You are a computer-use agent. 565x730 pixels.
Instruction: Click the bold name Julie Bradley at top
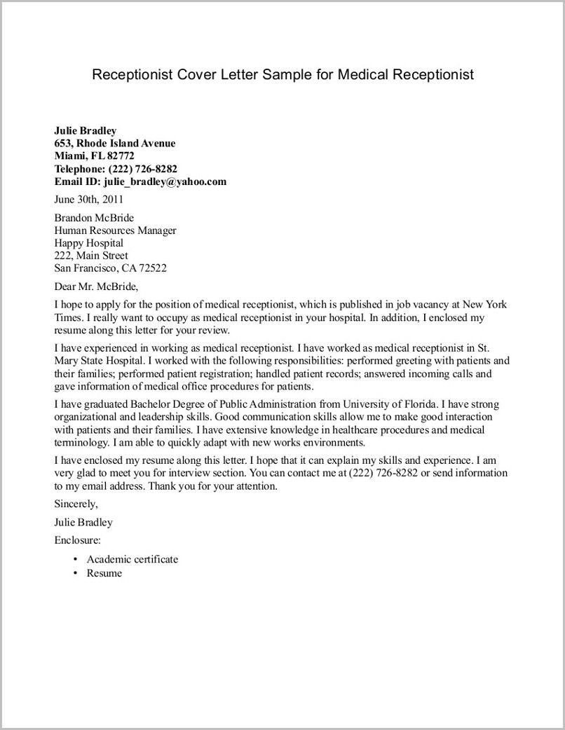pyautogui.click(x=86, y=130)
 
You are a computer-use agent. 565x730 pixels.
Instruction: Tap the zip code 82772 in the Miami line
pyautogui.click(x=120, y=156)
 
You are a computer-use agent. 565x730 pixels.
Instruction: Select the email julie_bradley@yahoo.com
pyautogui.click(x=165, y=181)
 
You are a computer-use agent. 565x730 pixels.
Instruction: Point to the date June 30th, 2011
pyautogui.click(x=89, y=199)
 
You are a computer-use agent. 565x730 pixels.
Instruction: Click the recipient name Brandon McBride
pyautogui.click(x=94, y=218)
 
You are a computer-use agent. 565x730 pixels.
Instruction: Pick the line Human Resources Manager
pyautogui.click(x=115, y=230)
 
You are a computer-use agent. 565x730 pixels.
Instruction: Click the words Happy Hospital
pyautogui.click(x=88, y=243)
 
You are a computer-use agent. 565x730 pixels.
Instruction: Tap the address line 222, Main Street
pyautogui.click(x=91, y=256)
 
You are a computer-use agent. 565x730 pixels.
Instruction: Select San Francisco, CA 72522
pyautogui.click(x=110, y=268)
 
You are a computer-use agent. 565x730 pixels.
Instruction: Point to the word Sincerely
pyautogui.click(x=76, y=504)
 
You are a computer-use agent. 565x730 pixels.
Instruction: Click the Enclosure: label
pyautogui.click(x=77, y=540)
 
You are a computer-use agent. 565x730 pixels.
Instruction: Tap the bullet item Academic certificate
pyautogui.click(x=132, y=559)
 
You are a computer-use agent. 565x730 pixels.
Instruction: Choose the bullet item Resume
pyautogui.click(x=104, y=573)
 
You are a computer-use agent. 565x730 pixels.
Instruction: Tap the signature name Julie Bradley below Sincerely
pyautogui.click(x=83, y=522)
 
